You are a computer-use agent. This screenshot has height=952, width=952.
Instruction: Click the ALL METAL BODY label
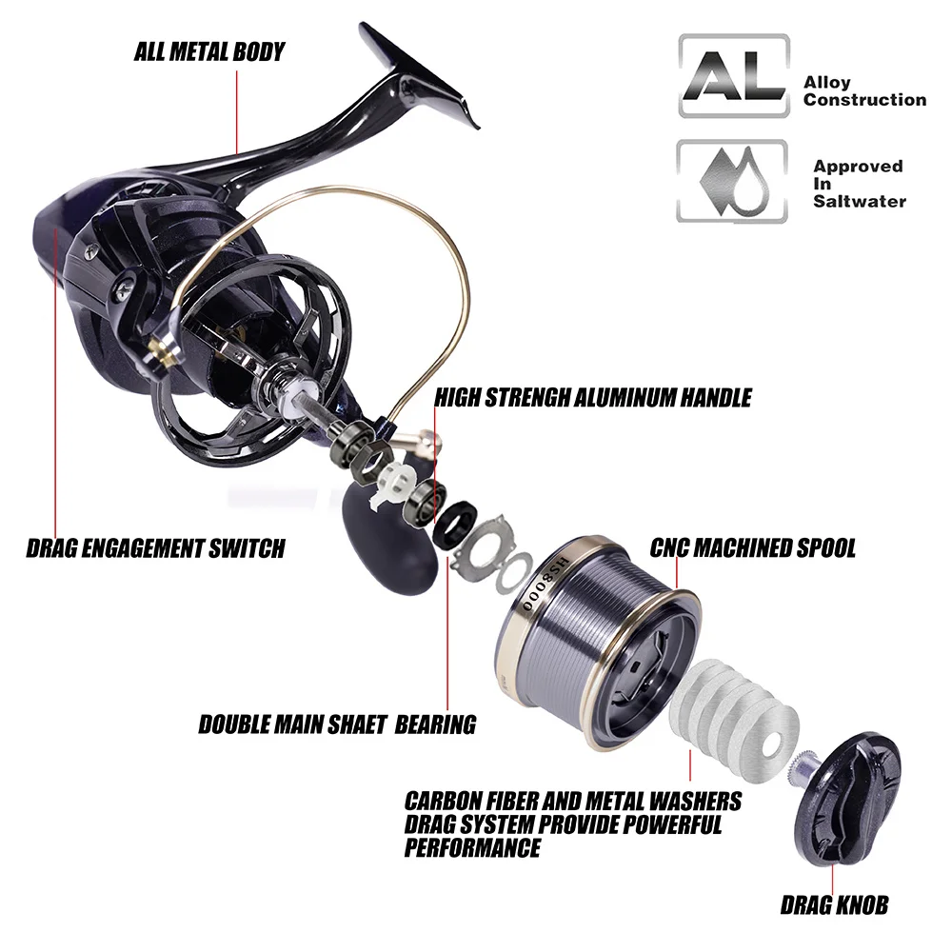click(209, 51)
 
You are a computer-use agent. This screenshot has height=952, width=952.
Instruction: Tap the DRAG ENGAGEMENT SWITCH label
click(156, 548)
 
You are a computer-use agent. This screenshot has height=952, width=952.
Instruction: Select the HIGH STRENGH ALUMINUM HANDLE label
click(593, 398)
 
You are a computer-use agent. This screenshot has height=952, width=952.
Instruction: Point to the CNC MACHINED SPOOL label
click(753, 547)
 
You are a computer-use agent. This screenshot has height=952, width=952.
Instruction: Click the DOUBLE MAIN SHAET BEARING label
click(338, 724)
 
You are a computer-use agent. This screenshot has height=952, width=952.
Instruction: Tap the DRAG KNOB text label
click(834, 905)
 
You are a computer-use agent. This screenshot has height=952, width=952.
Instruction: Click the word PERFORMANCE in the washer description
click(472, 847)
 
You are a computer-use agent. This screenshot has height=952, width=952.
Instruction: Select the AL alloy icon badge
click(734, 76)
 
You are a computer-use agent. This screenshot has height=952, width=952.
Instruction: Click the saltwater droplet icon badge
click(733, 181)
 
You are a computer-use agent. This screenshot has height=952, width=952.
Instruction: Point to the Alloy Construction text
click(864, 91)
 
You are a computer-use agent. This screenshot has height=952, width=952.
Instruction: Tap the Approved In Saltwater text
click(860, 184)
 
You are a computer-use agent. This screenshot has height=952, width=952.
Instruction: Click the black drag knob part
click(847, 799)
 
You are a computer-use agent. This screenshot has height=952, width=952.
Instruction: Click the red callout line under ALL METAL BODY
click(237, 112)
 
